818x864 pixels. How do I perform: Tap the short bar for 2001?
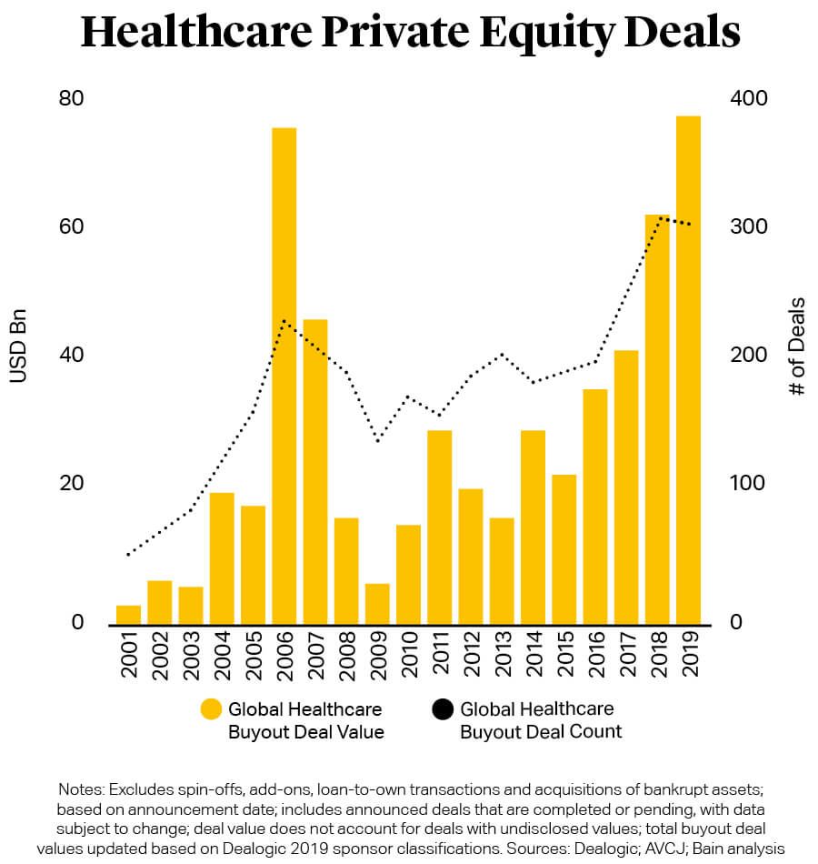(129, 615)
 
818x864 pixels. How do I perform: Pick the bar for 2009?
(377, 604)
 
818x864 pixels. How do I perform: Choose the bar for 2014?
(533, 527)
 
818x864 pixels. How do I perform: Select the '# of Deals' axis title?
(797, 346)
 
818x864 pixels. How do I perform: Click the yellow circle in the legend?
(211, 709)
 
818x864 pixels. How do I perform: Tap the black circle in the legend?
(443, 709)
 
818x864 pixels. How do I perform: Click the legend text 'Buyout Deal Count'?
(541, 731)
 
